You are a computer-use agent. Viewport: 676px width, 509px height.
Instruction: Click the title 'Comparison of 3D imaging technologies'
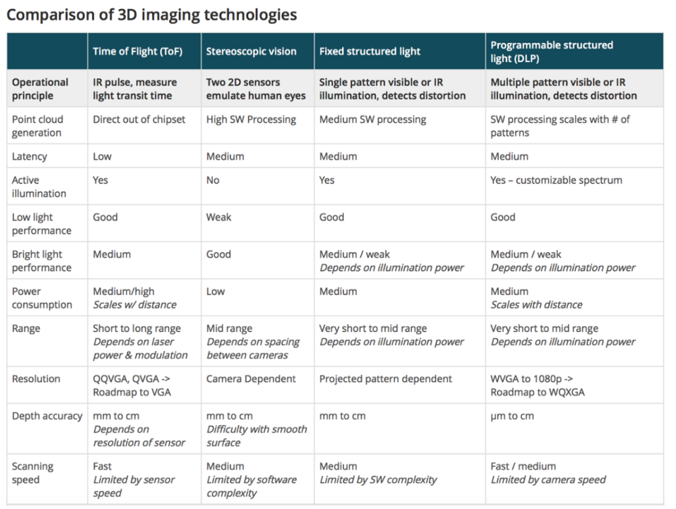point(151,14)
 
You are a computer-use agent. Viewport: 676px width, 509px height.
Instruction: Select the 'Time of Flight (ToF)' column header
point(137,51)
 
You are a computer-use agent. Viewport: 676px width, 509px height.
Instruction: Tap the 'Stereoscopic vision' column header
point(251,51)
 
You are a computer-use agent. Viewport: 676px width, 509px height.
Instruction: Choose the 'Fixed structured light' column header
point(370,51)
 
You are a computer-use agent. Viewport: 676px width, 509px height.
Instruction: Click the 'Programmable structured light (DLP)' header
point(552,51)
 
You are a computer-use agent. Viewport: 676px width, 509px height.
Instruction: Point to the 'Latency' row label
point(30,157)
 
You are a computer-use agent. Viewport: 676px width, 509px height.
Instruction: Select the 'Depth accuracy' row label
point(47,416)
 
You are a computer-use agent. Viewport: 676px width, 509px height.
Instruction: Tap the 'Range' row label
point(26,329)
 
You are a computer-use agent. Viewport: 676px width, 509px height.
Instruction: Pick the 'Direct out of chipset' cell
point(139,119)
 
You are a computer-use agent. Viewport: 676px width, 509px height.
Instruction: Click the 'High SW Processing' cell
point(251,119)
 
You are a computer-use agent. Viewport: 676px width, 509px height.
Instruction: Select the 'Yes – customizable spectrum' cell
point(556,180)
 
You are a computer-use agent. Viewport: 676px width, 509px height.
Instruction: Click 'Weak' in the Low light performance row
point(218,217)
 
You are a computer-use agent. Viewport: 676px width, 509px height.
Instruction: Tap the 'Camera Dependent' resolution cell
point(251,379)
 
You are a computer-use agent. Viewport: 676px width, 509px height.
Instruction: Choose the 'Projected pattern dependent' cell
point(385,379)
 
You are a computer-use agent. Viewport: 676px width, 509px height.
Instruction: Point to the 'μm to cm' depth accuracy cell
point(512,416)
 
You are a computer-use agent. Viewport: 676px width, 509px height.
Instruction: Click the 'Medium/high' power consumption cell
point(124,292)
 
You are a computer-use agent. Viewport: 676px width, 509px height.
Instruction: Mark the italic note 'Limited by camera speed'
point(548,480)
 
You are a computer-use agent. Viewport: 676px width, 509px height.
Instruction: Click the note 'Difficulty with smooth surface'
point(256,436)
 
